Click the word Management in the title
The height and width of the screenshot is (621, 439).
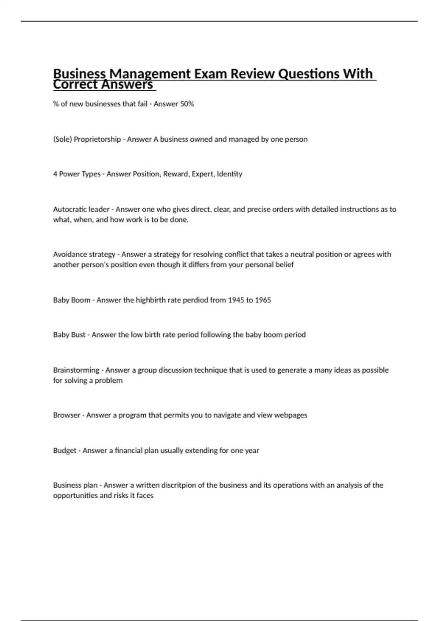tap(150, 74)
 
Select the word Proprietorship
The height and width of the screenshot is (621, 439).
tap(97, 140)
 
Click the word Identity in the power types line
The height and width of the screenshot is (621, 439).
tap(229, 174)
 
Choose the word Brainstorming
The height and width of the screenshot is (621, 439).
tap(76, 370)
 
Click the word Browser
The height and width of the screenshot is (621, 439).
tap(66, 415)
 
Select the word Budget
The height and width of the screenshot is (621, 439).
tap(65, 451)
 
